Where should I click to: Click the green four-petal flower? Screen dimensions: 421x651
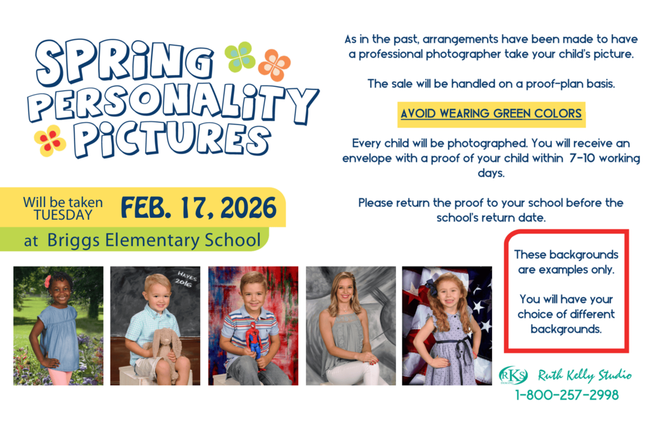(x=240, y=57)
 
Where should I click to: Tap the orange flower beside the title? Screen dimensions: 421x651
(x=274, y=65)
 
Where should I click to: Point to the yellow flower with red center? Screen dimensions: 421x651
(x=50, y=140)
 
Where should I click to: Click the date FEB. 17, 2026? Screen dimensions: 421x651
(x=199, y=208)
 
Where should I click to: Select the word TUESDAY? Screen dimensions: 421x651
(x=63, y=215)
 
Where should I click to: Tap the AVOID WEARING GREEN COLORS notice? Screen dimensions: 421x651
(x=491, y=114)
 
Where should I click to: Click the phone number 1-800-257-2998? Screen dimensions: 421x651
(x=566, y=395)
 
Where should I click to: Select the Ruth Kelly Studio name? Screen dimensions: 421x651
(x=584, y=375)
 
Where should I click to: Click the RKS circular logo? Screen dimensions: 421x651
(x=513, y=375)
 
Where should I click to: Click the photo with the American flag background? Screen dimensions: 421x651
(x=447, y=325)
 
